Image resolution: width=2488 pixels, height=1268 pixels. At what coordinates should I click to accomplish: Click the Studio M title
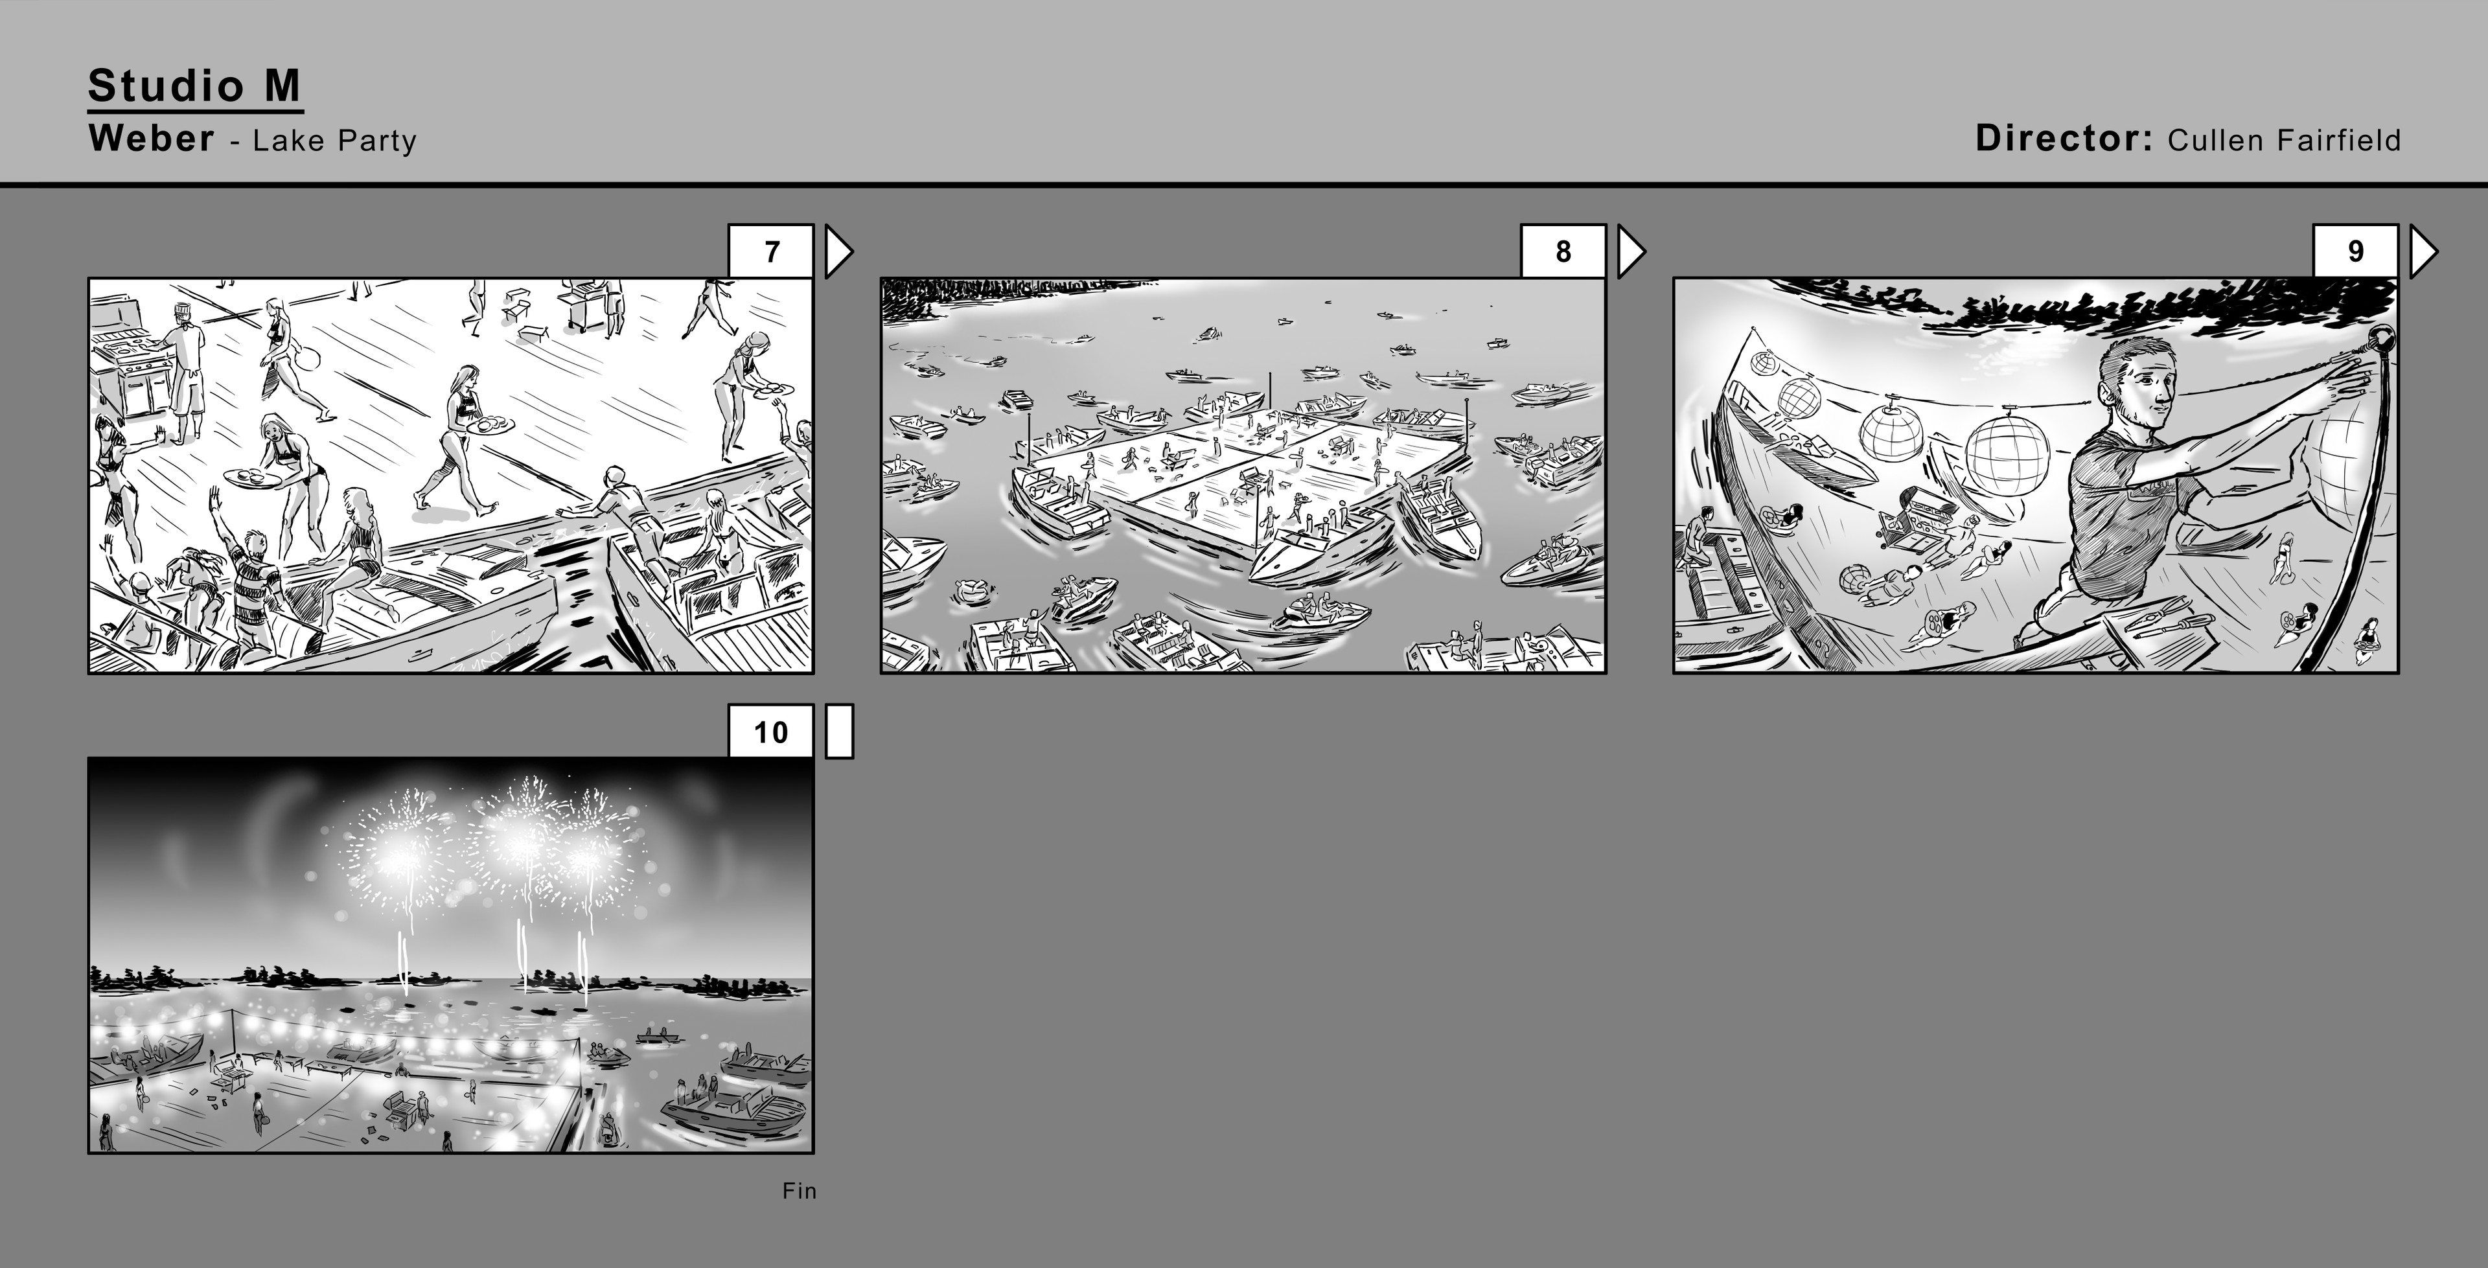pyautogui.click(x=194, y=86)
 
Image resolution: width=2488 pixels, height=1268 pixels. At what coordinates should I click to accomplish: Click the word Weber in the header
pyautogui.click(x=151, y=138)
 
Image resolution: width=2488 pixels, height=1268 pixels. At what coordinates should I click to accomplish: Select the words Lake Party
pyautogui.click(x=334, y=141)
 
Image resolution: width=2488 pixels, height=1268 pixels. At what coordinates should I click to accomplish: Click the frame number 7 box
pyautogui.click(x=771, y=251)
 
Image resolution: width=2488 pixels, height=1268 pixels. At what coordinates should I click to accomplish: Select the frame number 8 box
pyautogui.click(x=1563, y=251)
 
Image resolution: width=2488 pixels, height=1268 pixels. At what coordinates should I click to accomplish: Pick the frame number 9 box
pyautogui.click(x=2355, y=251)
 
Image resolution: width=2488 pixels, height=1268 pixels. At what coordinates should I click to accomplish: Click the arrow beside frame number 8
pyautogui.click(x=1630, y=252)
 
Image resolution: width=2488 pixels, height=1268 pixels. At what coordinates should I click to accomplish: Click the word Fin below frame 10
pyautogui.click(x=799, y=1191)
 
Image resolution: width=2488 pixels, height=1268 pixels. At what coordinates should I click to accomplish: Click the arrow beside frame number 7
pyautogui.click(x=837, y=252)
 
